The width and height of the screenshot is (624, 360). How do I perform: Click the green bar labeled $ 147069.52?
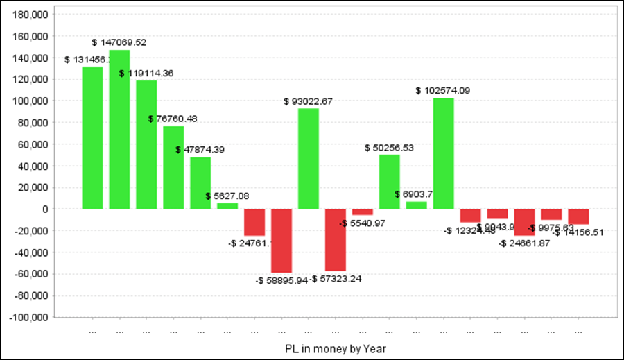tap(119, 129)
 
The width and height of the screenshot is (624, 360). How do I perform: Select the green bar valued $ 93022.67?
tap(309, 158)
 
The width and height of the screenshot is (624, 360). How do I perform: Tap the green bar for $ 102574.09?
tap(444, 153)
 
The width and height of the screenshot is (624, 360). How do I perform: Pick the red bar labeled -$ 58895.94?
tap(281, 241)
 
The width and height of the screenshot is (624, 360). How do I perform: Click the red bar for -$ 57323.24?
tap(336, 240)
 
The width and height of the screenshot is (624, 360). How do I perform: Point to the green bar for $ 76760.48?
tap(173, 167)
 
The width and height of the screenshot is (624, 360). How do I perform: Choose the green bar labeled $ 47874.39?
tap(200, 183)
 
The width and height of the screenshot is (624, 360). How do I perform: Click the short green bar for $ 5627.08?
tap(227, 205)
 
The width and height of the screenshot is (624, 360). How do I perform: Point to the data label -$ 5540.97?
tap(362, 223)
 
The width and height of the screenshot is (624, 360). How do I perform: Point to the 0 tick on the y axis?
tap(44, 209)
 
